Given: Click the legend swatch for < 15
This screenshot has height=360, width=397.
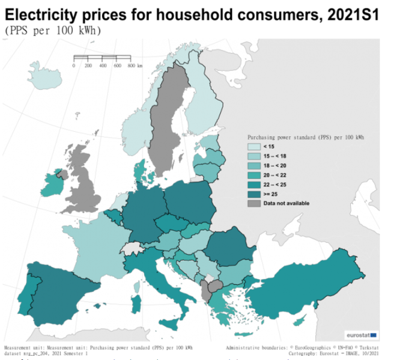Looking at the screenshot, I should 255,146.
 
